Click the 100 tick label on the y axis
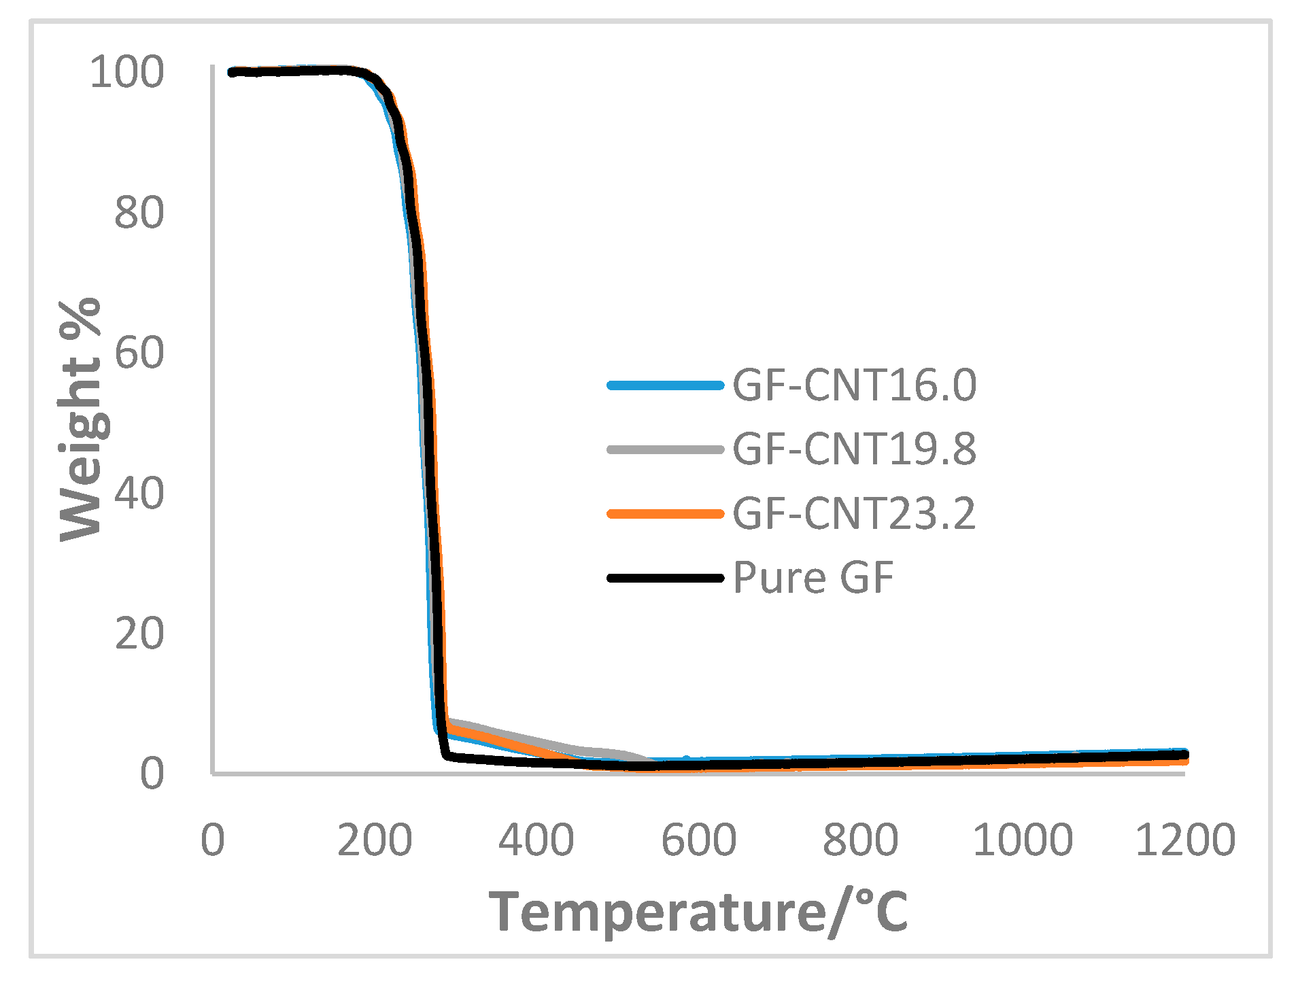pos(127,72)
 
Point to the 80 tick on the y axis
pos(139,213)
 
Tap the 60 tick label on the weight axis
pos(139,353)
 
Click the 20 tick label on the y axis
pos(139,634)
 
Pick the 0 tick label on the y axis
pos(152,774)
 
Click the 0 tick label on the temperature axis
pos(213,840)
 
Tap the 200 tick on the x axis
pos(375,840)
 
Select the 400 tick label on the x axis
pos(536,840)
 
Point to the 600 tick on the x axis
pos(699,840)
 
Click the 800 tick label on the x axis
pos(861,840)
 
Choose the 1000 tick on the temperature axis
pos(1023,840)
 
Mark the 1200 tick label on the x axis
pos(1185,840)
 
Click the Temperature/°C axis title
pos(698,912)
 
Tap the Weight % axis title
pos(80,419)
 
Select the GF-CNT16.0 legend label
pos(855,385)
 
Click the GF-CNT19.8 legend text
pos(855,449)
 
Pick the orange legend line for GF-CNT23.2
pos(665,514)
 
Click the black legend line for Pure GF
pos(665,578)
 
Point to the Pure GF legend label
pos(813,578)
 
